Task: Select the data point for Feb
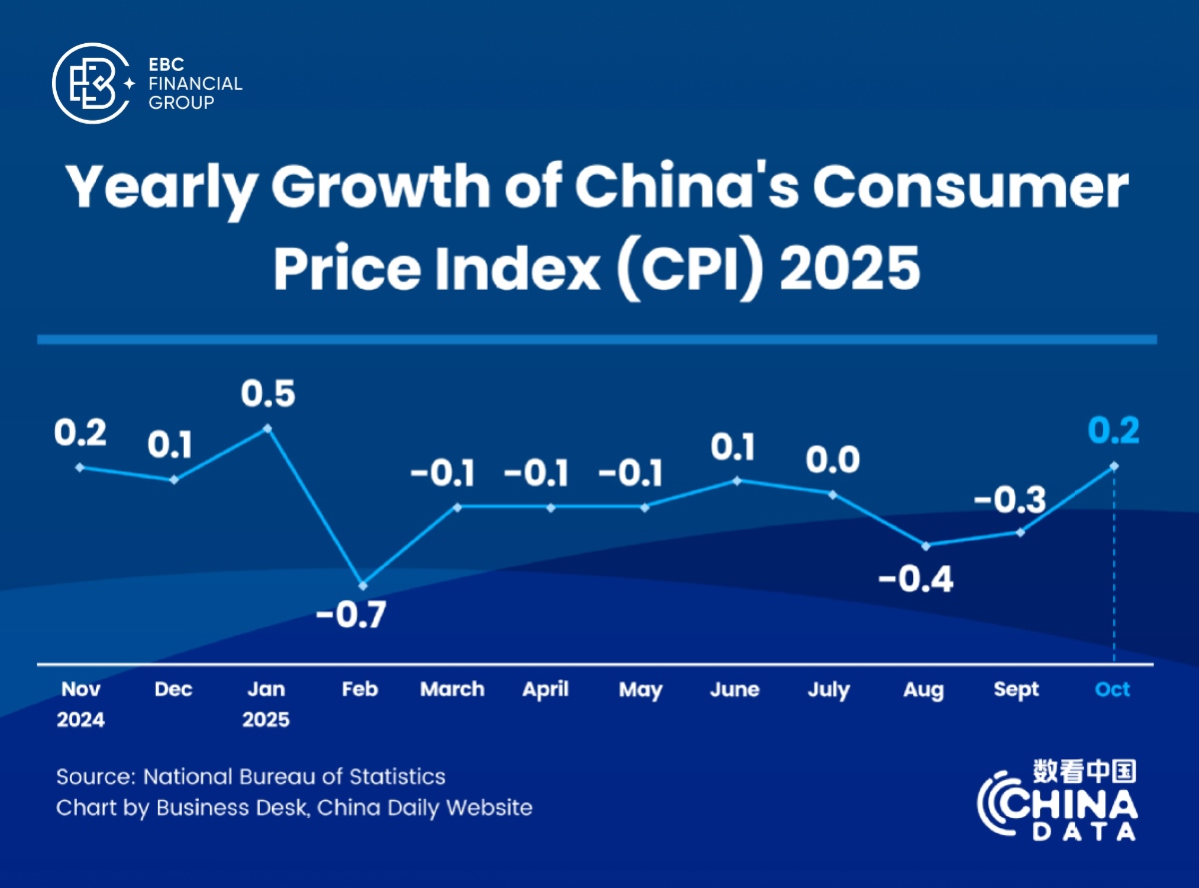pos(363,585)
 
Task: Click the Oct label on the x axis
pos(1112,690)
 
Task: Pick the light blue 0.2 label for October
pos(1113,430)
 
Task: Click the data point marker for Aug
pos(926,545)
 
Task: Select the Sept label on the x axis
pos(1016,690)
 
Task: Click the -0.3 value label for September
pos(1011,497)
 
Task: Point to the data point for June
pos(738,480)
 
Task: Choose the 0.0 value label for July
pos(831,459)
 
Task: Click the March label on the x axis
pos(452,690)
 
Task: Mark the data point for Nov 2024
pos(79,466)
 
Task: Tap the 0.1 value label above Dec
pos(173,444)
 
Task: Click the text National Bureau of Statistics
pos(295,776)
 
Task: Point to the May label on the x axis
pos(640,690)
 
